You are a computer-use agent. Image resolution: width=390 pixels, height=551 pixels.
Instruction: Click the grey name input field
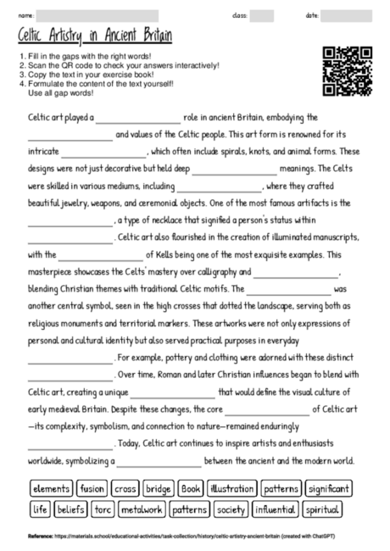click(97, 15)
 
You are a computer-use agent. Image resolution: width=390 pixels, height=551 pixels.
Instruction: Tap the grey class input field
click(261, 15)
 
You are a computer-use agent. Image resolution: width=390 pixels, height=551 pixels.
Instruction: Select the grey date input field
click(345, 15)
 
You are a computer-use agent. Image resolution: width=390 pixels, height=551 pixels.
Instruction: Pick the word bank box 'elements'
click(51, 489)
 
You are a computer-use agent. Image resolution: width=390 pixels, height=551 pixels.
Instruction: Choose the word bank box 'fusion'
click(92, 489)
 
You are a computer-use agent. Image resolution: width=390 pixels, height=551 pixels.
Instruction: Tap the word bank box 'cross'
click(125, 489)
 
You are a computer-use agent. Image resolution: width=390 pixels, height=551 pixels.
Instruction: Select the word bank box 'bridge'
click(159, 489)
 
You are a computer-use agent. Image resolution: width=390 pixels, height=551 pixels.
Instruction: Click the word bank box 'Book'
click(191, 489)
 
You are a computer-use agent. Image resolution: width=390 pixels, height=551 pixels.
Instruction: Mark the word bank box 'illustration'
click(231, 489)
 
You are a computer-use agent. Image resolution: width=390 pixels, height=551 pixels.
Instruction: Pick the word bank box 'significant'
click(328, 489)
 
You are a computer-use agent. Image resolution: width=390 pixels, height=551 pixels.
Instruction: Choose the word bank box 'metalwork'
click(141, 509)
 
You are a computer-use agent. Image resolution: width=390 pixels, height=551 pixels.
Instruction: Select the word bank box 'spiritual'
click(322, 509)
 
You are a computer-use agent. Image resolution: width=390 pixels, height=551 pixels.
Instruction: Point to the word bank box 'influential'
click(275, 509)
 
